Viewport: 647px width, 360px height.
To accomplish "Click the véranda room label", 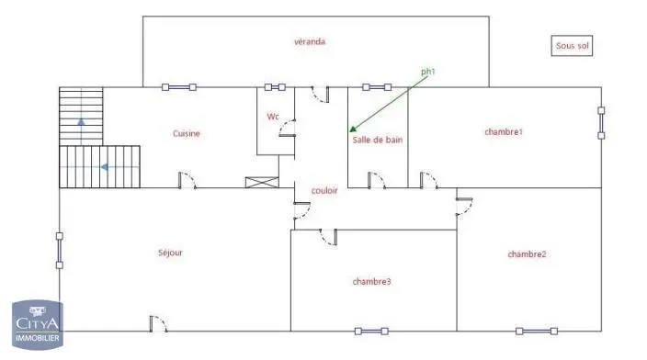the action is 310,41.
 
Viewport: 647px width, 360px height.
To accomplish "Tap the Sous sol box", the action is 572,46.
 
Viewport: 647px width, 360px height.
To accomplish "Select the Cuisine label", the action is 186,133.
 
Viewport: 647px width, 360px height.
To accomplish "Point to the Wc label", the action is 273,117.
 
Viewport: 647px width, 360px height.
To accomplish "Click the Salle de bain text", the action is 377,140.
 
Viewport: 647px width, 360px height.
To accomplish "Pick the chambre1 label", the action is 504,132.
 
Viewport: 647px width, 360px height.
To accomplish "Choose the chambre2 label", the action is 527,254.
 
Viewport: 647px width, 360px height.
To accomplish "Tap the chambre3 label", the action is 371,282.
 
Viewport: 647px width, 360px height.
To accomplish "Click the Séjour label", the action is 170,253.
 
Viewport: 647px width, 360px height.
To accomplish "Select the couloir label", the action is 324,190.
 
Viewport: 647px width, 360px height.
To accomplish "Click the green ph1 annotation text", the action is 428,72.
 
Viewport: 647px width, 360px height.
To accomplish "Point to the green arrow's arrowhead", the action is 353,129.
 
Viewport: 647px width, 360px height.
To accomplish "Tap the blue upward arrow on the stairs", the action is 81,121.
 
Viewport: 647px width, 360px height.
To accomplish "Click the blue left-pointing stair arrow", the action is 105,167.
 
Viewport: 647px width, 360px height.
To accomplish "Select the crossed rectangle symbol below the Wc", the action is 262,182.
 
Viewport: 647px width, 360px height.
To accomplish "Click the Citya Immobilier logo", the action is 38,325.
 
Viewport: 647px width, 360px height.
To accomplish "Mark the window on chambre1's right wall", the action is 601,123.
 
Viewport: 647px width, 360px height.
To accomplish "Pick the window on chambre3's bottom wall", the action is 371,332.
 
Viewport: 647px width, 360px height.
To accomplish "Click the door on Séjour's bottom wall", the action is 158,323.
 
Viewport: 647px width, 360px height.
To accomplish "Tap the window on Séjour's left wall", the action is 60,251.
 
